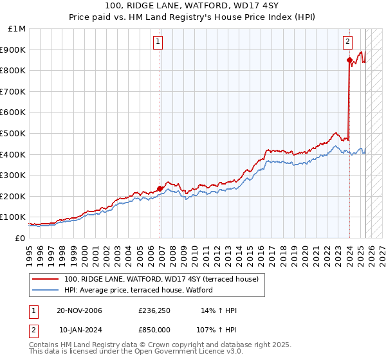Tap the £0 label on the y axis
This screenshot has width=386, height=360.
click(x=20, y=238)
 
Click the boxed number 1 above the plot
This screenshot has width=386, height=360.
click(x=158, y=42)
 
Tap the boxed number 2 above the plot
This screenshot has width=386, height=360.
click(x=347, y=42)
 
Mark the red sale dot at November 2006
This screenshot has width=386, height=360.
click(x=160, y=188)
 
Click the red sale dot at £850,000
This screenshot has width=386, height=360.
click(x=349, y=60)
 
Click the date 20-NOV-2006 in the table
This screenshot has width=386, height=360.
click(x=80, y=311)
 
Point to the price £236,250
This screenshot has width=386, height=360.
click(x=154, y=311)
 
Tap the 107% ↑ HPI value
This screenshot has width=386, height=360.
click(x=216, y=329)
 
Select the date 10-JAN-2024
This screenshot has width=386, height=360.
click(x=80, y=329)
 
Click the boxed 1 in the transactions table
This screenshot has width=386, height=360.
click(x=33, y=311)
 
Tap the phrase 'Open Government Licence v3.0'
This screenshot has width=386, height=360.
click(x=186, y=352)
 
